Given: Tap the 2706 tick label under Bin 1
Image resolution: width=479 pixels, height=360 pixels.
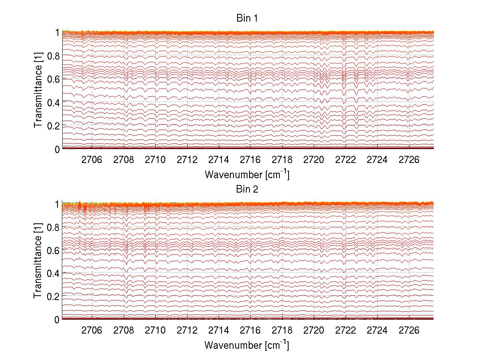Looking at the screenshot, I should [92, 160].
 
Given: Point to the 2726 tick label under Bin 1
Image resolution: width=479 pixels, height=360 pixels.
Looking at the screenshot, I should [409, 160].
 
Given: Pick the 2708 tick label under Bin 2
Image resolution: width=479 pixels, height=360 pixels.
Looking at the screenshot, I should [124, 331].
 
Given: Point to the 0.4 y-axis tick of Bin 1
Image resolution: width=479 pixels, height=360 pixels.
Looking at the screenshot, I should [53, 103].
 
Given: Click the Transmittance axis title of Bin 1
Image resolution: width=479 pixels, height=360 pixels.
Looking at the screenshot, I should [38, 91].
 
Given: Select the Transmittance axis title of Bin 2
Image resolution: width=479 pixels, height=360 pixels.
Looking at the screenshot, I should [38, 261].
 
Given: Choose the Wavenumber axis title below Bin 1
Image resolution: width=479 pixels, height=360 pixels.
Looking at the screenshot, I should [247, 174].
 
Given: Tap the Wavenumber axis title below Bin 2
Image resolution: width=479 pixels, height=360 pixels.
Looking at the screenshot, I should [247, 345].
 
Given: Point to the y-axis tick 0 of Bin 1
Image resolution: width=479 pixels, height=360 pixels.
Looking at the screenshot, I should [57, 149].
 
